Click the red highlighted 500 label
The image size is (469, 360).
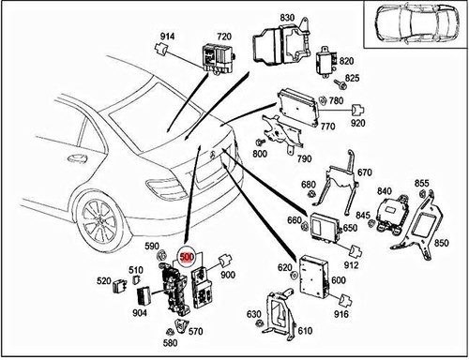click(x=186, y=254)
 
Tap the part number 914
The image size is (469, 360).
click(x=167, y=37)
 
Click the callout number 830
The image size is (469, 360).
click(x=286, y=18)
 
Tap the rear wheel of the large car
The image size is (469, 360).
click(x=99, y=222)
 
